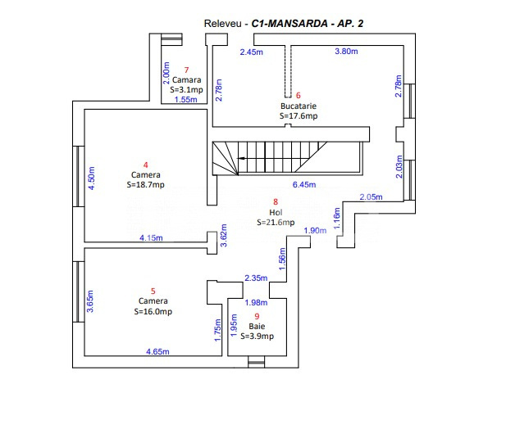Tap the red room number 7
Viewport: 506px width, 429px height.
pos(187,70)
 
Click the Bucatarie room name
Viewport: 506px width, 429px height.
pos(299,106)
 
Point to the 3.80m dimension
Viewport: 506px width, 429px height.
pos(347,52)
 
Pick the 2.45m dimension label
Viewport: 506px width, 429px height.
pos(252,52)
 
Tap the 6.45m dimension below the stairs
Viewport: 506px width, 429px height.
pos(304,184)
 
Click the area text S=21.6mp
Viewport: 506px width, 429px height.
pos(275,222)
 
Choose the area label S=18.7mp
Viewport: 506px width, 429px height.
pos(146,185)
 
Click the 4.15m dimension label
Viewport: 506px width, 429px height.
pos(151,238)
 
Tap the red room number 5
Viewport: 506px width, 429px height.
pos(153,291)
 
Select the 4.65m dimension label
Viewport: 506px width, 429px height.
pos(157,351)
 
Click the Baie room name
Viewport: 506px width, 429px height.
pos(258,326)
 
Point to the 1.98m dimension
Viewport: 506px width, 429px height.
pos(257,303)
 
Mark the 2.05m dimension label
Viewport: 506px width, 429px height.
pos(371,196)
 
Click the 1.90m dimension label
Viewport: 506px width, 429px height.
pos(315,231)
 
